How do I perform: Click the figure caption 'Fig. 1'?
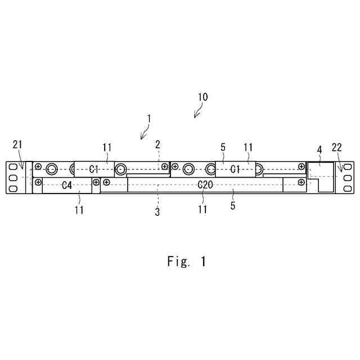187,262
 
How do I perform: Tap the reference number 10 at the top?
202,97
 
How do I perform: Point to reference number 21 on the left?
17,146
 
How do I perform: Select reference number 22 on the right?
337,147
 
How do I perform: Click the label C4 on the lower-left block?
66,184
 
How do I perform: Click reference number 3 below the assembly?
157,212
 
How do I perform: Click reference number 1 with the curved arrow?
149,119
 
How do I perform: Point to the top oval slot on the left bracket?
11,168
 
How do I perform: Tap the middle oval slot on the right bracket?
348,177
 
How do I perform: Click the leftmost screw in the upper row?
38,168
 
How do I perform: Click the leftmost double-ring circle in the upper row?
52,168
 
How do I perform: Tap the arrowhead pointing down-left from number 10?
196,116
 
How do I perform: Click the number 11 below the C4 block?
79,209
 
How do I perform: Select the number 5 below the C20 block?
233,206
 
